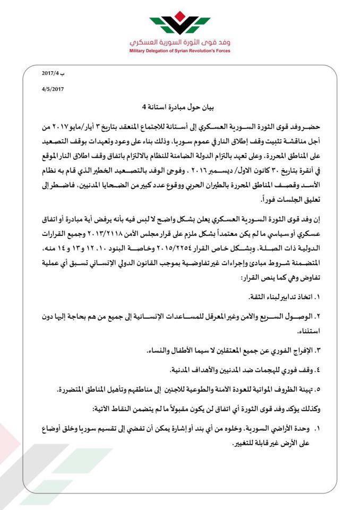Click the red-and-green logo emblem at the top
click(179, 24)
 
